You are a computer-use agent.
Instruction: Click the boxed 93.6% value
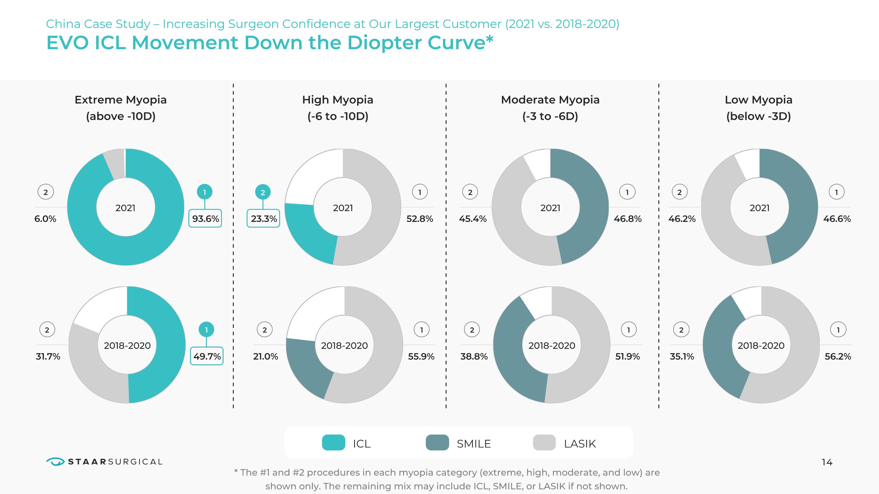point(205,218)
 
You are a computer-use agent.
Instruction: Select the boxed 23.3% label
point(263,218)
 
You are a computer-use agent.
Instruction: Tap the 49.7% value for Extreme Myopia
point(207,356)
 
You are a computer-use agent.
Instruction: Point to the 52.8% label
point(419,218)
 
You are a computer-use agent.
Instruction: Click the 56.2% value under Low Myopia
point(837,356)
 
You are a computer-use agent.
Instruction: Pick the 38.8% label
point(473,356)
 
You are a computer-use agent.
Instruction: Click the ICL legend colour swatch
point(333,443)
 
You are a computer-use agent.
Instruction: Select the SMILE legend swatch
point(437,443)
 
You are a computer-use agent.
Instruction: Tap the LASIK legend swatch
point(544,443)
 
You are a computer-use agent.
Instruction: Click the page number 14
point(827,462)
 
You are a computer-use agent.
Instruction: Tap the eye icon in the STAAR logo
point(55,461)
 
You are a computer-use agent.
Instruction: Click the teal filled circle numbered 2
point(263,192)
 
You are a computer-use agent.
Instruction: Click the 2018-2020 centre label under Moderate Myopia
point(552,345)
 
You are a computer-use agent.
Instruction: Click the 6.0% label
point(45,218)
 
